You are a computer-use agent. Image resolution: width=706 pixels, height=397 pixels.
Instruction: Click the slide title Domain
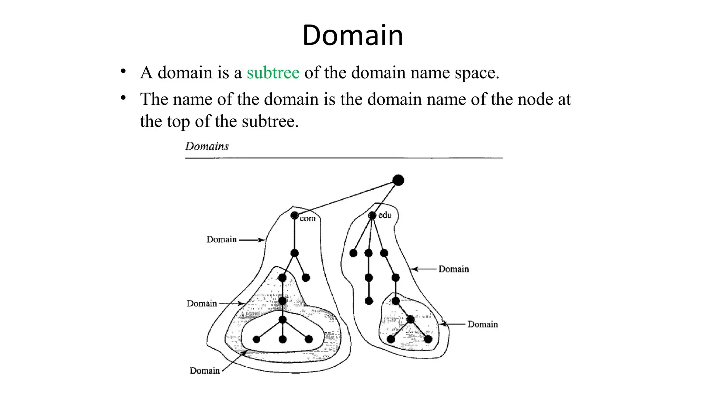(x=353, y=35)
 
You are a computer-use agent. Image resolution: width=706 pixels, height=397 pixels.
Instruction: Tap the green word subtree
(x=273, y=73)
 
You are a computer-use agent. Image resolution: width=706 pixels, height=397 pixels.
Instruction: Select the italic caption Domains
(x=207, y=146)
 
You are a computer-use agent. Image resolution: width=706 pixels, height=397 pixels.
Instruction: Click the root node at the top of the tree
(x=398, y=180)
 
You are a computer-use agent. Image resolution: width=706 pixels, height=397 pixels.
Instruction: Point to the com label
(x=307, y=218)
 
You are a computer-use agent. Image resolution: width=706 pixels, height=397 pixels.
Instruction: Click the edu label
(x=385, y=215)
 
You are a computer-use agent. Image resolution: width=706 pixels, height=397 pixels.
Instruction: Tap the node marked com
(x=294, y=215)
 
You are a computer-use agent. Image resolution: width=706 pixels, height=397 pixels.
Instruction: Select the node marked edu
(x=372, y=215)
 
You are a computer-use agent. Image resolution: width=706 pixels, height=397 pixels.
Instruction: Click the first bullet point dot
(x=123, y=71)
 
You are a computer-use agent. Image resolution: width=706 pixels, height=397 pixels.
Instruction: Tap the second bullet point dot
(x=123, y=98)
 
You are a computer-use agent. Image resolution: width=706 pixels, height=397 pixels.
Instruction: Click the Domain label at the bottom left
(x=205, y=371)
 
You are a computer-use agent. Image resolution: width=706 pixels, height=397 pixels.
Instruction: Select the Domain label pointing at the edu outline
(x=454, y=269)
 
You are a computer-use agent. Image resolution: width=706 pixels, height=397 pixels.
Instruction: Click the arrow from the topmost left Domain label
(x=252, y=240)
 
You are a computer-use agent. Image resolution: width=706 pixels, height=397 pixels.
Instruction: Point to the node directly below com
(x=294, y=253)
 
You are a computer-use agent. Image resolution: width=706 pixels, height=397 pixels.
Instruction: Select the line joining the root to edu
(x=385, y=198)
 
